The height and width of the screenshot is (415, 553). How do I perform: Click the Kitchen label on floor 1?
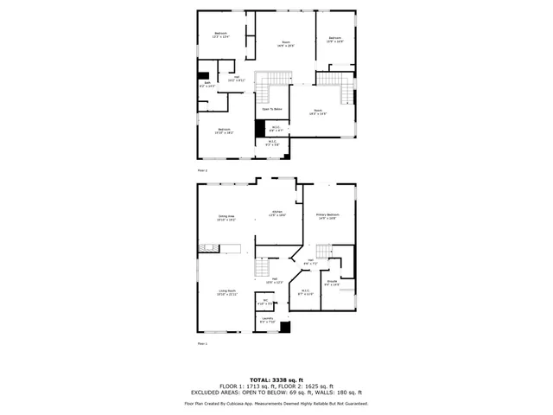coord(277,213)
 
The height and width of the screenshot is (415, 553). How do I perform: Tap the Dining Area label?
coord(227,218)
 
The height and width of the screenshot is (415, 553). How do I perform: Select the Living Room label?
coord(227,293)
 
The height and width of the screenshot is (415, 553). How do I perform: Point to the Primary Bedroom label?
coord(327,216)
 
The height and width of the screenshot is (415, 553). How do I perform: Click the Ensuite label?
coord(332,282)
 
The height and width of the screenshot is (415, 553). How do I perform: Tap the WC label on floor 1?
coord(265,302)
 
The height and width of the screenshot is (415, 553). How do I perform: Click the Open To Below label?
coord(272,109)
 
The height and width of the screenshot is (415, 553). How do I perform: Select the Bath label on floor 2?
coord(207,85)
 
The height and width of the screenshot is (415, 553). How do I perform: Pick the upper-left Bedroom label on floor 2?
coord(221,35)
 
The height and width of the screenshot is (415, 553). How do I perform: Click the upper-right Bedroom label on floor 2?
coord(334,39)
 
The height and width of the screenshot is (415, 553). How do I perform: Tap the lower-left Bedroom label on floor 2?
coord(224,131)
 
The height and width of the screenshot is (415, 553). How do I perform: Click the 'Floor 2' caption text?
coord(203,170)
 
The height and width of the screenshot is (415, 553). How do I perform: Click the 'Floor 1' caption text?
coord(203,344)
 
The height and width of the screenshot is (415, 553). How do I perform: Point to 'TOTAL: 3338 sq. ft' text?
coord(276,379)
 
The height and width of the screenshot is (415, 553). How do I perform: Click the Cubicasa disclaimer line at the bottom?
coord(276,403)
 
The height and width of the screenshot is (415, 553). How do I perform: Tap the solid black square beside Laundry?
coord(286,328)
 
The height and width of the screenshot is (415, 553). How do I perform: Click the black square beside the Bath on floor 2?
coord(203,74)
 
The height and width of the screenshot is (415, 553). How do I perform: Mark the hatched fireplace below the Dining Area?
coord(206,249)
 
